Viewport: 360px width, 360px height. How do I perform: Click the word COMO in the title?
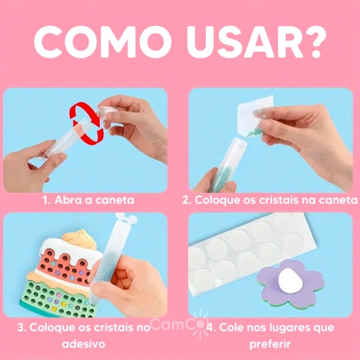pos(103,42)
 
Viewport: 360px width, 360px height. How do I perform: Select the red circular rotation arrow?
pos(87,123)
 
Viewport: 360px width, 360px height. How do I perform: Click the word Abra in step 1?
pos(68,200)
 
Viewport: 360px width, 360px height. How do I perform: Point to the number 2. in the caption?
pos(186,200)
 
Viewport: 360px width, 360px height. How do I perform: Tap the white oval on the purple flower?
pos(290,281)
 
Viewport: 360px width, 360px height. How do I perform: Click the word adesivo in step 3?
pos(84,344)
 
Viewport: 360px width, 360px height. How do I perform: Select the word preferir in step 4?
pos(270,345)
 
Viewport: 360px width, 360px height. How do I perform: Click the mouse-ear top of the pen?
pos(127,219)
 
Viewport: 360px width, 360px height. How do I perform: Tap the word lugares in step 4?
pos(280,328)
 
